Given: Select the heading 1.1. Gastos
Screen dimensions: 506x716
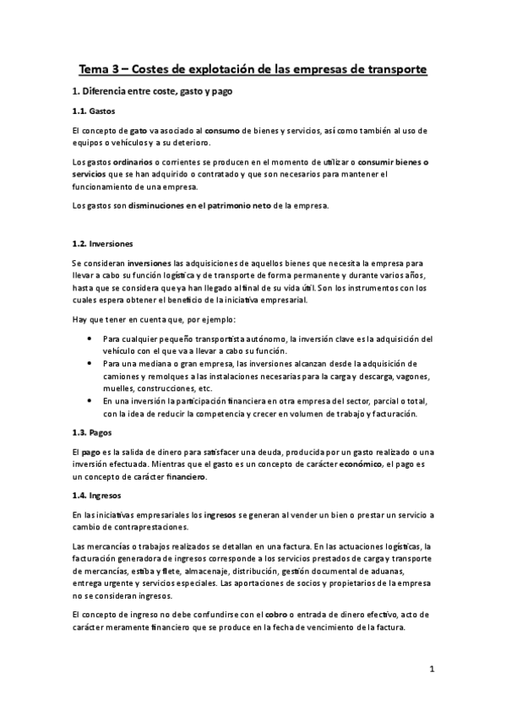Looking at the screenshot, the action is (93, 111).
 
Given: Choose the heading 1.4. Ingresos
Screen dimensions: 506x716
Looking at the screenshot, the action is (95, 496).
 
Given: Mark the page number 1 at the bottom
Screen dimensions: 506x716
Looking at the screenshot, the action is (431, 671).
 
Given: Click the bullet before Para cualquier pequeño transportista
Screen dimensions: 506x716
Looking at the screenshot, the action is (90, 338).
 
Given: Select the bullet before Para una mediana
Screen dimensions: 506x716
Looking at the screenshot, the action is (90, 363).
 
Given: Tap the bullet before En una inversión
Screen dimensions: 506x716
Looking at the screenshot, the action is (90, 401).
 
